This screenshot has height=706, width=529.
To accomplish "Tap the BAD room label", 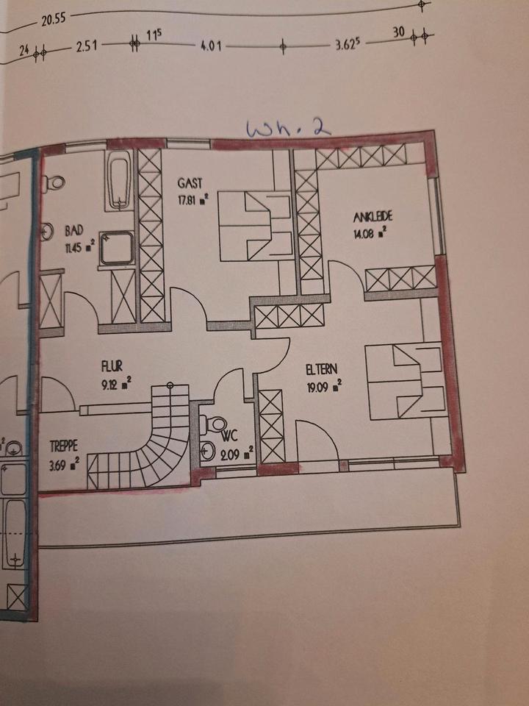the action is click(x=73, y=229).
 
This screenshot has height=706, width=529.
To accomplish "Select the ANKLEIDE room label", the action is click(x=373, y=217).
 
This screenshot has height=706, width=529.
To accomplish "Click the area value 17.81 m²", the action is click(x=193, y=197).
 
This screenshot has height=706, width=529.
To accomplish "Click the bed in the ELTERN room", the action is click(x=406, y=380).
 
